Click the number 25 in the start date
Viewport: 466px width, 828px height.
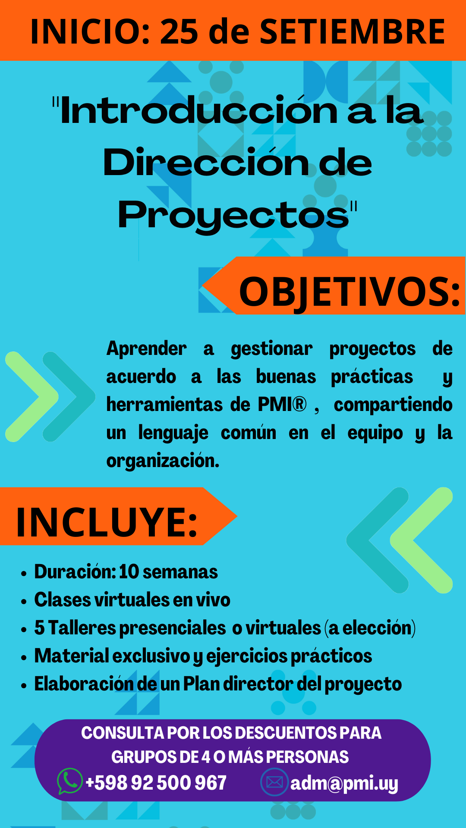pyautogui.click(x=179, y=31)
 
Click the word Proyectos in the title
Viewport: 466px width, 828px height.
pyautogui.click(x=233, y=215)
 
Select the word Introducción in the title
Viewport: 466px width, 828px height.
pyautogui.click(x=198, y=111)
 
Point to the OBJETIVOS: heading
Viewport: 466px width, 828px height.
pyautogui.click(x=349, y=292)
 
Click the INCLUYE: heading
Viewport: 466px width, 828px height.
pyautogui.click(x=107, y=522)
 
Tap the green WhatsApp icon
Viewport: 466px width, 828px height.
pyautogui.click(x=69, y=781)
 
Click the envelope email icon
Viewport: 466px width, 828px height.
pyautogui.click(x=274, y=782)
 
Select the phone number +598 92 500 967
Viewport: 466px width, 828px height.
pyautogui.click(x=156, y=783)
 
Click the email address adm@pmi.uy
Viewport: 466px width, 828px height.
pyautogui.click(x=344, y=783)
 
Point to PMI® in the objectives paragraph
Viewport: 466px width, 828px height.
pyautogui.click(x=282, y=405)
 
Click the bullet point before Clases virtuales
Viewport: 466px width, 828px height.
pyautogui.click(x=24, y=601)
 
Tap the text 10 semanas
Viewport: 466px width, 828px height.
pyautogui.click(x=168, y=572)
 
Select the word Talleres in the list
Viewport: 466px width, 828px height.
pyautogui.click(x=82, y=628)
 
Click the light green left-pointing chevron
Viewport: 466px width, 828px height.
pyautogui.click(x=421, y=540)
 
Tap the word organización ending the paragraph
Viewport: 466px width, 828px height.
pyautogui.click(x=162, y=461)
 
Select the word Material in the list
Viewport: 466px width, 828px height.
pyautogui.click(x=72, y=656)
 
